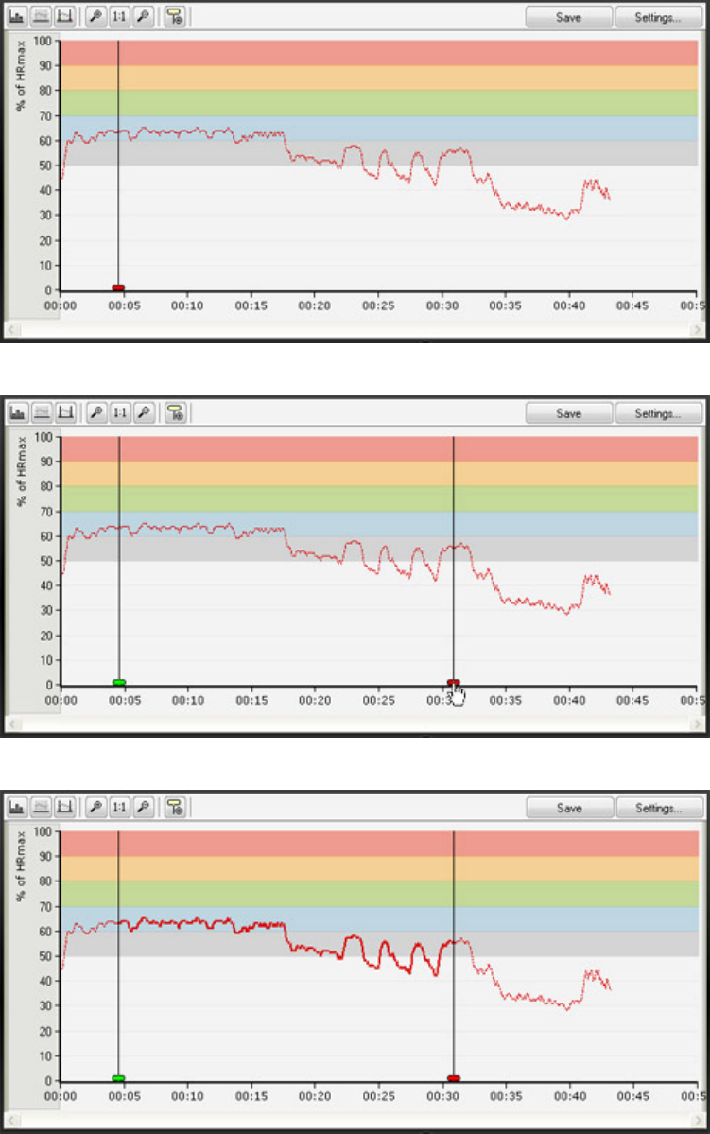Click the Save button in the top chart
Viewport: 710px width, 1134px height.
click(568, 17)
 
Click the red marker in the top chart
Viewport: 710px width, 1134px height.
click(118, 288)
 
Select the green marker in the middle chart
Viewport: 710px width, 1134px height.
click(119, 682)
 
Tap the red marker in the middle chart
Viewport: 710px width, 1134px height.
click(453, 682)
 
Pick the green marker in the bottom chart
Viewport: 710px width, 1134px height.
click(119, 1078)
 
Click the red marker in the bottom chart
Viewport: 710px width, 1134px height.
click(454, 1078)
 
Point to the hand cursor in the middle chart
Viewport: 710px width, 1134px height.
click(459, 695)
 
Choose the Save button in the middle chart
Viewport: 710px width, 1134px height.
click(568, 413)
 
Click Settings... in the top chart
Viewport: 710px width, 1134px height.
click(659, 17)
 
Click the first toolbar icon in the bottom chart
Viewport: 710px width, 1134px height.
click(17, 808)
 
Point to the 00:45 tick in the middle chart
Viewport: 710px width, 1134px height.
click(632, 701)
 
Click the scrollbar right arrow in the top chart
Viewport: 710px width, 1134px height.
click(698, 329)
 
